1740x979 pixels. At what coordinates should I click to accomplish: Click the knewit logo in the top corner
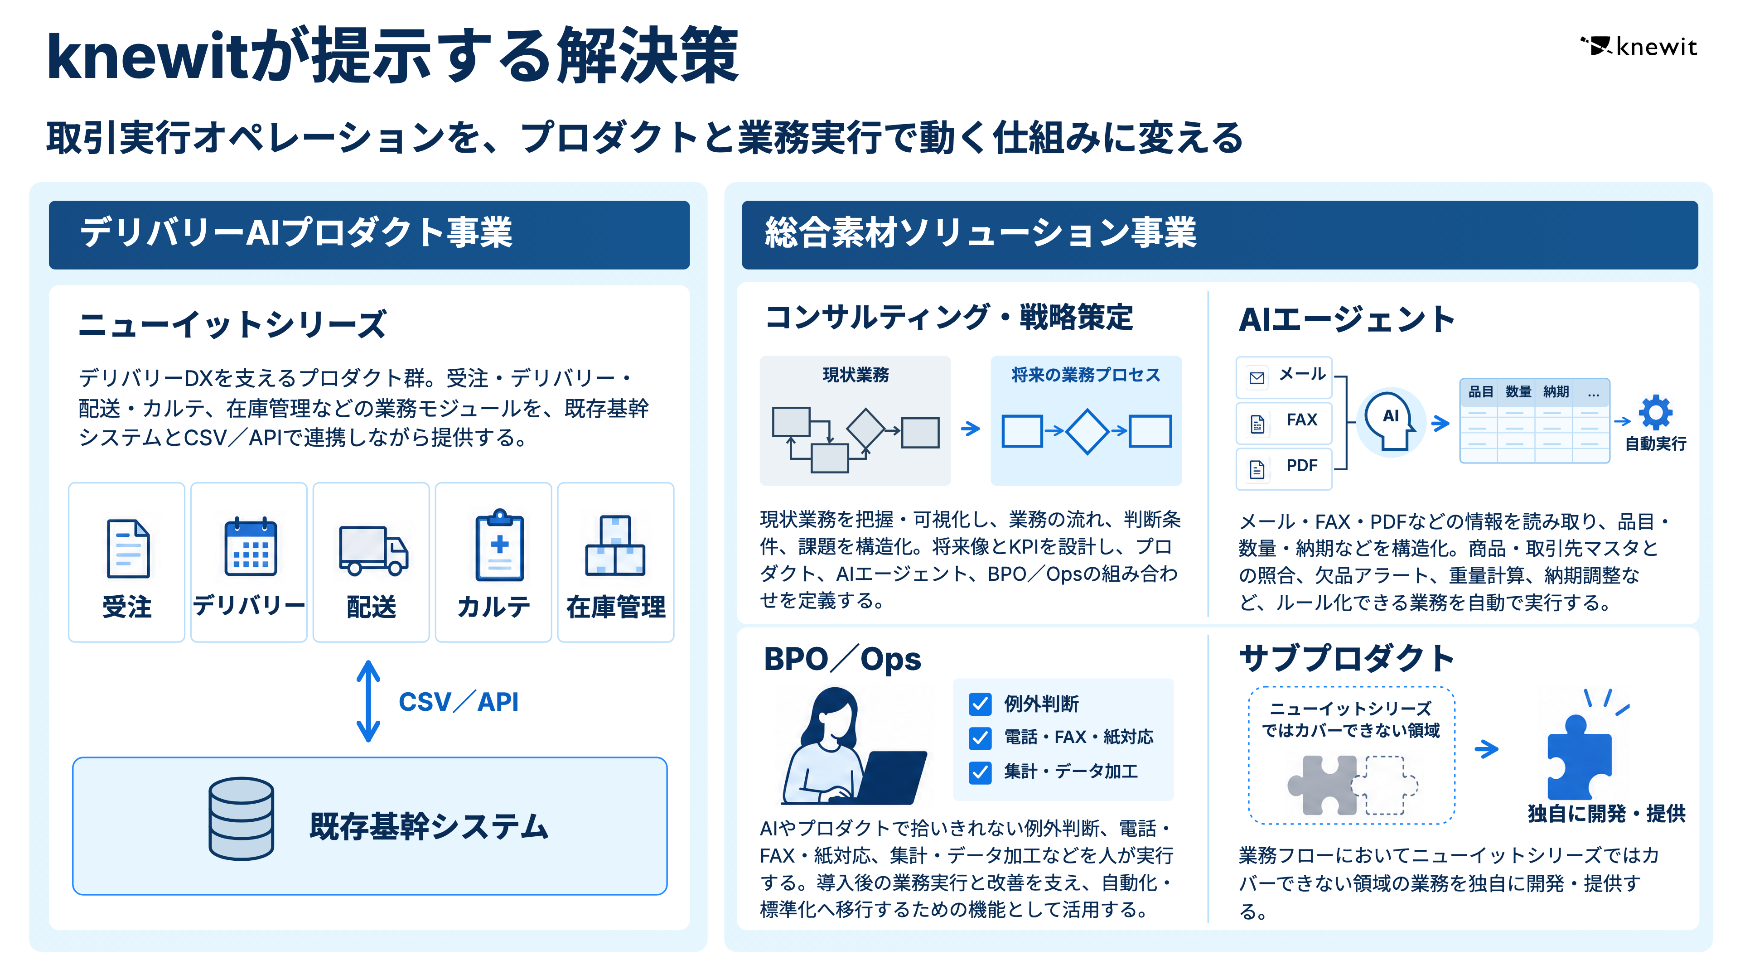click(1638, 47)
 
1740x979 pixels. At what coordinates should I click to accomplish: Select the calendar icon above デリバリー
click(251, 546)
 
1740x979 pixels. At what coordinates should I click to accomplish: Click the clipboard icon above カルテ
click(499, 545)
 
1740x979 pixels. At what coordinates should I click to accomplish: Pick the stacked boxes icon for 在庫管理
click(615, 545)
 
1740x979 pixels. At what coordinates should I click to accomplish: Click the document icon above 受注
click(128, 548)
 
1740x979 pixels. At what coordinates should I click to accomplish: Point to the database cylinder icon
click(241, 818)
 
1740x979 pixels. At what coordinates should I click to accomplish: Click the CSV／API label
click(459, 701)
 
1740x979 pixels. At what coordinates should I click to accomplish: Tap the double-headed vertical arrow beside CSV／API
click(368, 701)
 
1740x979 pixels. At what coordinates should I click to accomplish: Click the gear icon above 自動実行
click(1656, 412)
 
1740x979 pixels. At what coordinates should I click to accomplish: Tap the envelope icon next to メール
click(1257, 377)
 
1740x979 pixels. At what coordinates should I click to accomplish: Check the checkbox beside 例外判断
click(980, 704)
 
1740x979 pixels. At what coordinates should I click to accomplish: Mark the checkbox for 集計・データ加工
click(980, 772)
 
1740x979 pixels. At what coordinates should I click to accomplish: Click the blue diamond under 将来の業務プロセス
click(1087, 431)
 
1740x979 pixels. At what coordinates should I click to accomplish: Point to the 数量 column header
click(1518, 391)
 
